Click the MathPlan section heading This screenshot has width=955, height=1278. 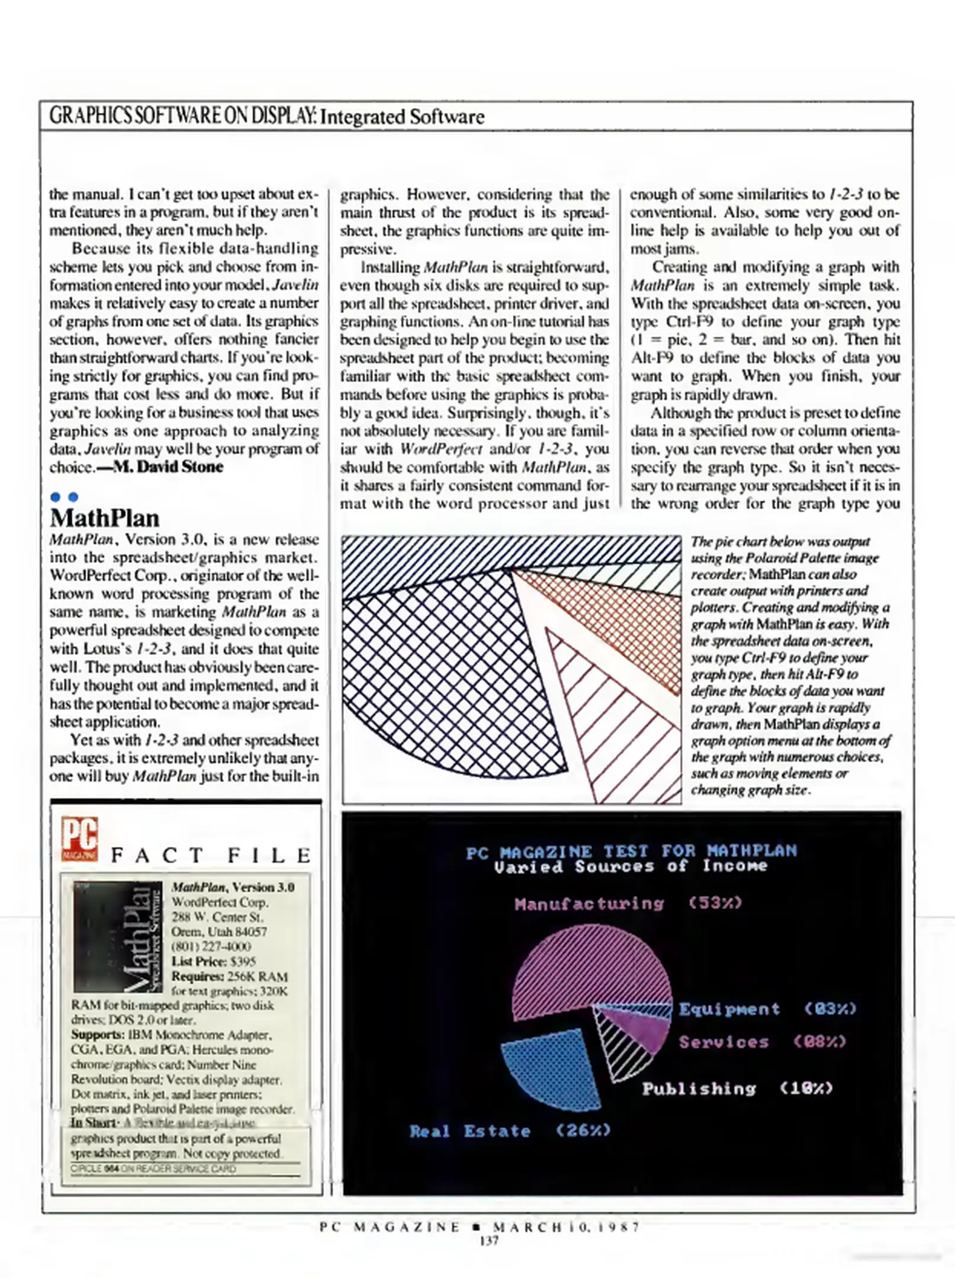(x=105, y=518)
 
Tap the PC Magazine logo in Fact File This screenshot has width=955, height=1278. (x=79, y=839)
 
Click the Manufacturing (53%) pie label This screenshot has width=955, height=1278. (x=628, y=903)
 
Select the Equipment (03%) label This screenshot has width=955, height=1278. (x=767, y=1009)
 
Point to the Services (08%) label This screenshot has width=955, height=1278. (x=762, y=1042)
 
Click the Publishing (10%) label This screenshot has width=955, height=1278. (x=737, y=1089)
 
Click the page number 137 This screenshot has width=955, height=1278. (x=489, y=1241)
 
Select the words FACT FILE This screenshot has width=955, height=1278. (x=211, y=856)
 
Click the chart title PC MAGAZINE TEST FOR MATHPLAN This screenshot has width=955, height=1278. (x=631, y=851)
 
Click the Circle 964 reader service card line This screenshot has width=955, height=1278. (x=153, y=1169)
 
